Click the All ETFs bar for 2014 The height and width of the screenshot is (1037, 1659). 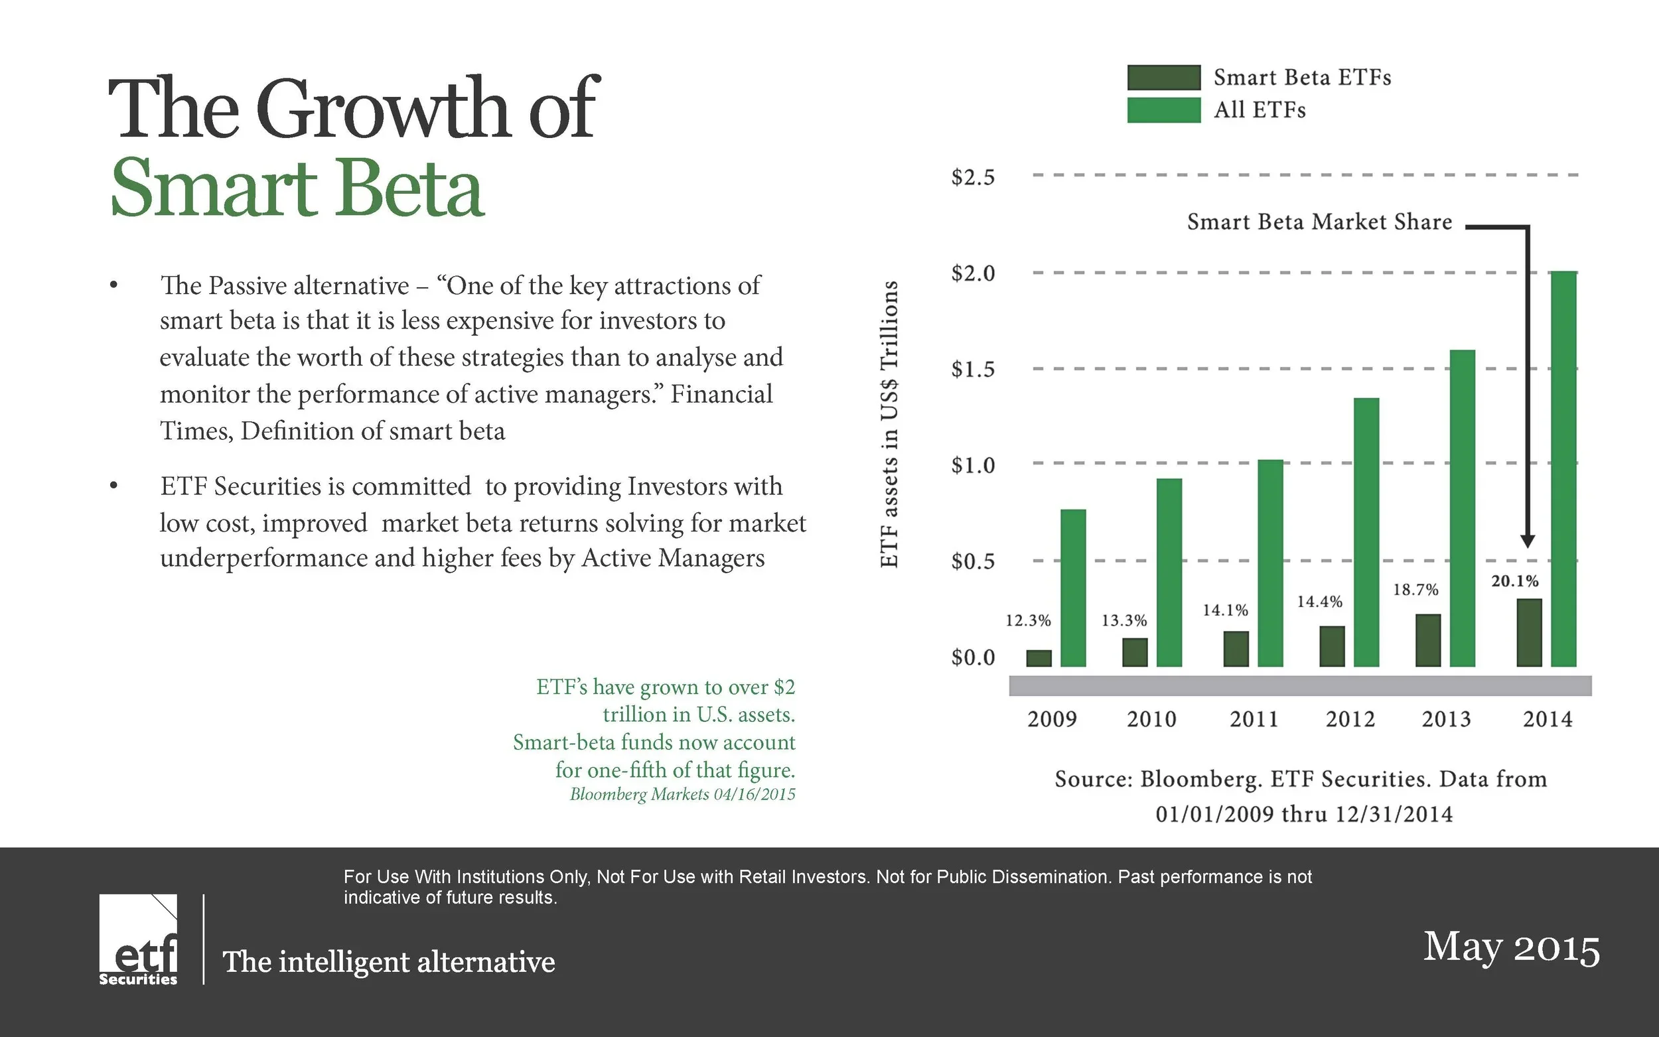tap(1563, 469)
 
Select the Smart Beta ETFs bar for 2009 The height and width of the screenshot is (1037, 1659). tap(1039, 658)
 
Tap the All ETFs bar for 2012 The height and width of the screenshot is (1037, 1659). tap(1366, 532)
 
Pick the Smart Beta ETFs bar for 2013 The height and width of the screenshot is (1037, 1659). tap(1428, 641)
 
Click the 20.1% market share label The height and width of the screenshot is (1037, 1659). tap(1515, 581)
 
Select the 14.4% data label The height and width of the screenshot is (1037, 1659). tap(1319, 602)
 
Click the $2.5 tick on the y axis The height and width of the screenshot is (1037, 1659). tap(972, 177)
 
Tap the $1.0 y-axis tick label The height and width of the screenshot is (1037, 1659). tap(972, 465)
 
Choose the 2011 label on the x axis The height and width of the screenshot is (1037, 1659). tap(1254, 719)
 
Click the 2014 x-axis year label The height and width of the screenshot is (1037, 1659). tap(1548, 719)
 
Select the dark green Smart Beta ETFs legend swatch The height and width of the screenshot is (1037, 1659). tap(1164, 78)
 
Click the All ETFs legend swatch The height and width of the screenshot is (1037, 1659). tap(1164, 109)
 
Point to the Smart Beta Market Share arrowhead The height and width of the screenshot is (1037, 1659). tap(1528, 541)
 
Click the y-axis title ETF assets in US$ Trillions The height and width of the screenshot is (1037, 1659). tap(889, 424)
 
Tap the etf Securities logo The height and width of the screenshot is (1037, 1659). tap(138, 939)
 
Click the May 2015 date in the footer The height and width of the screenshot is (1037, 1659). tap(1512, 948)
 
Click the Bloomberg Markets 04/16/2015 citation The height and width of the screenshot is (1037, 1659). tap(682, 794)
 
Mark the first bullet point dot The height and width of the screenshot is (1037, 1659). tap(114, 285)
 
